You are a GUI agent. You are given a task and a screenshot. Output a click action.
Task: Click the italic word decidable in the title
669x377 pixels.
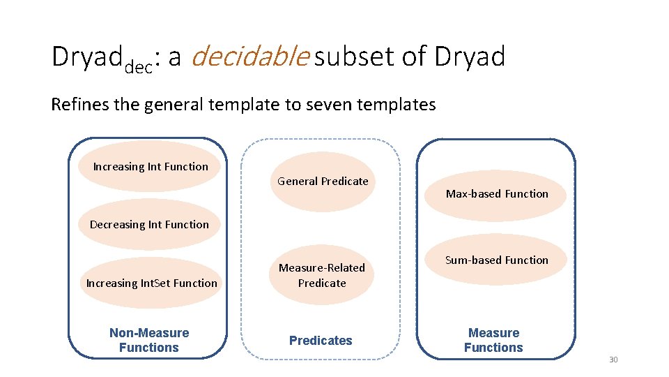coord(249,57)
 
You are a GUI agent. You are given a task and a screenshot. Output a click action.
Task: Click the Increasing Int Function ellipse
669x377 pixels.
coord(150,167)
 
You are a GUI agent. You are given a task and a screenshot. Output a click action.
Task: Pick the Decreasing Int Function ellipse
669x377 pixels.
coord(149,225)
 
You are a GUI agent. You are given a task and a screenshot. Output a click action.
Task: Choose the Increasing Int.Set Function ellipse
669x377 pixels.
coord(151,283)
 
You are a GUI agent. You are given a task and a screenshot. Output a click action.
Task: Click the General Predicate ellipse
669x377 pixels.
coord(323,182)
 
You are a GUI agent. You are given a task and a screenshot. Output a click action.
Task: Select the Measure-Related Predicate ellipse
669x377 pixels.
coord(322,275)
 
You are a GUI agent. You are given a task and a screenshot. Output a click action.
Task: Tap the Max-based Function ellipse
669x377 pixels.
coord(497,194)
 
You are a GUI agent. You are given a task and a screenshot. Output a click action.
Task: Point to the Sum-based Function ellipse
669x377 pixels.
coord(497,260)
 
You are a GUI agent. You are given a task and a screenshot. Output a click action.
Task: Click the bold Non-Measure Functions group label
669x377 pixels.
coord(149,340)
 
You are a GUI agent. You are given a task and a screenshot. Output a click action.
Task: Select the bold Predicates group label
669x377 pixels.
coord(321,341)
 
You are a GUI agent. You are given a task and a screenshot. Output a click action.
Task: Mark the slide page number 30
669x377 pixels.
coord(613,360)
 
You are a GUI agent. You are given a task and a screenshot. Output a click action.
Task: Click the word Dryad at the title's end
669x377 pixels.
coord(470,57)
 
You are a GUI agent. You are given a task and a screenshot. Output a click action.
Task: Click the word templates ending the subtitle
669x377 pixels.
coord(403,105)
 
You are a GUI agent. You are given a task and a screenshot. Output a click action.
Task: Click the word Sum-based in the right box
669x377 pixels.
coord(471,260)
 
